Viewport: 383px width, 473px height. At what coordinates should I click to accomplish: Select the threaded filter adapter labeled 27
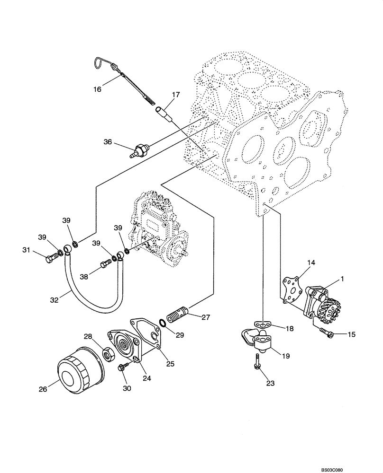click(179, 314)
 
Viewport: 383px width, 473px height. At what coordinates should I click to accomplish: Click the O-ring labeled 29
click(163, 323)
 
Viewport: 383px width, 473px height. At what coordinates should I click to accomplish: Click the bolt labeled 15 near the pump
click(326, 333)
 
